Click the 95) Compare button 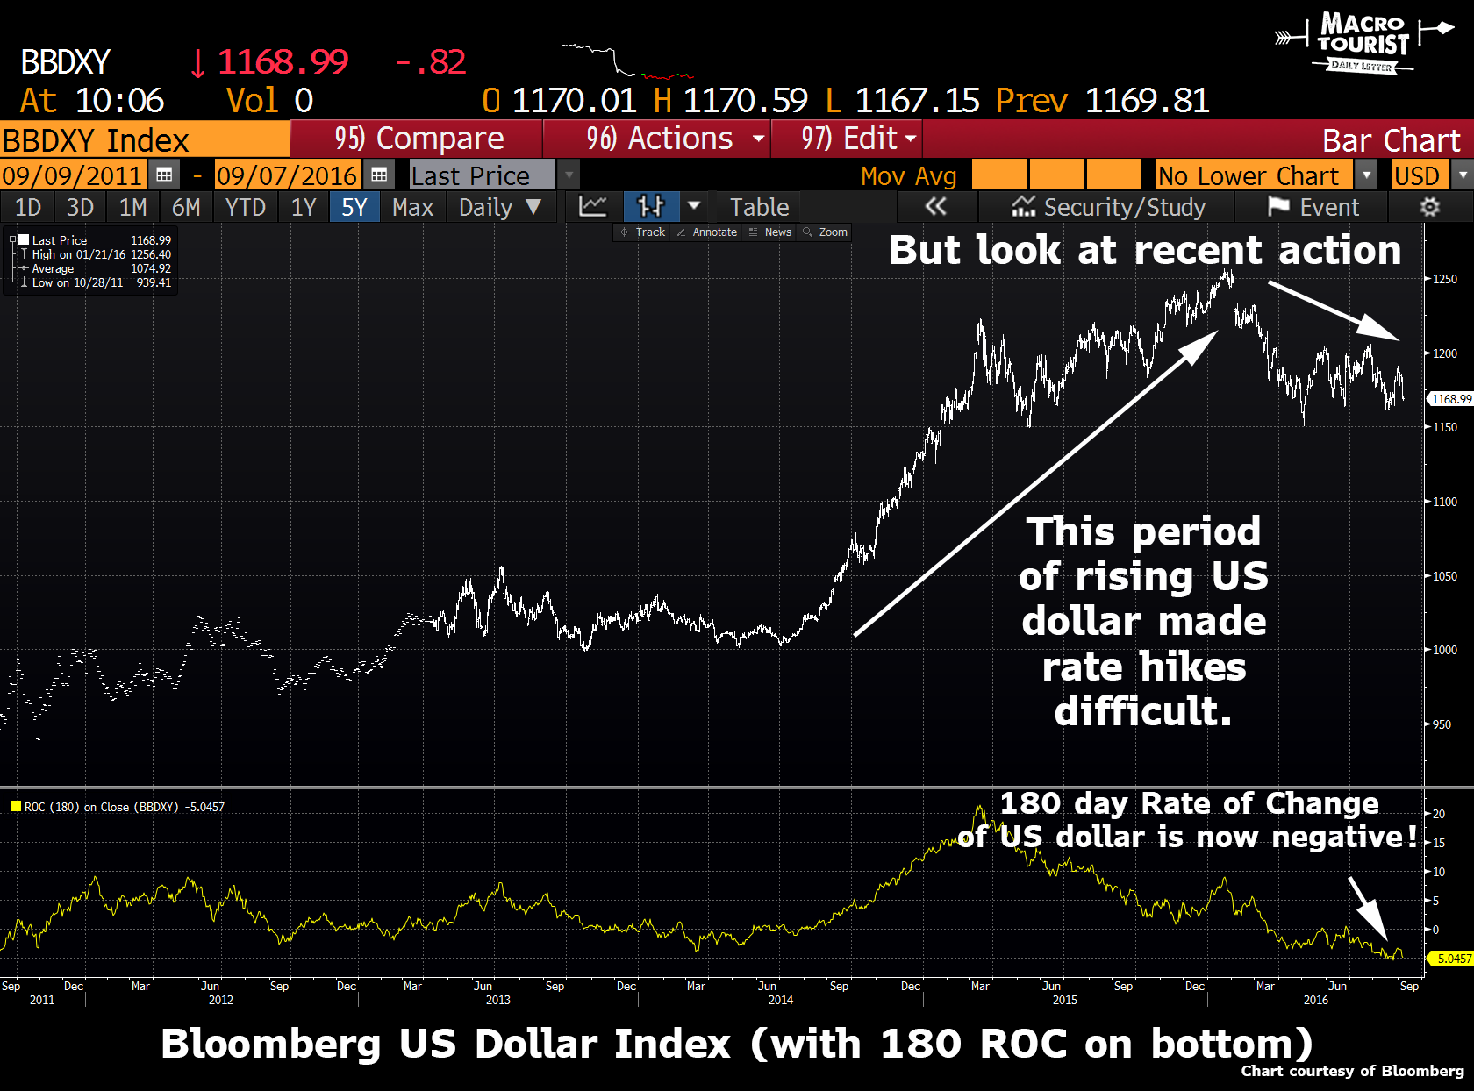(418, 139)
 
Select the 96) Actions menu (658, 139)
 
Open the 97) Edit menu (848, 139)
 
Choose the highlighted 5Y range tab (354, 207)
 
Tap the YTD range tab (245, 207)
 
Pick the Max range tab (412, 207)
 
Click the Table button (759, 207)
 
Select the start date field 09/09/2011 (72, 175)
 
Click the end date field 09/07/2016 (287, 175)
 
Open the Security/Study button (1109, 207)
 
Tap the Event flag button (1313, 207)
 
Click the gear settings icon (1429, 207)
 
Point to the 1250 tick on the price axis (1444, 279)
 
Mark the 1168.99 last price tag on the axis (1451, 399)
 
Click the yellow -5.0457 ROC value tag (1451, 959)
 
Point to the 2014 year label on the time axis (780, 1000)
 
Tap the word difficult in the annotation (1142, 711)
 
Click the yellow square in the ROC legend (15, 807)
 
